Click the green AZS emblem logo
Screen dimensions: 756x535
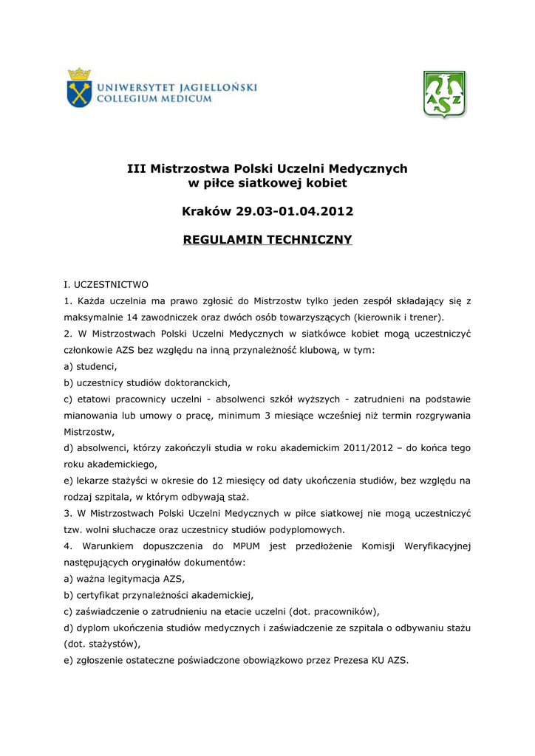[444, 94]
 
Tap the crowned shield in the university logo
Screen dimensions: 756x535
[78, 88]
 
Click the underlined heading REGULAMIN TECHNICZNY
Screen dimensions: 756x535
[267, 240]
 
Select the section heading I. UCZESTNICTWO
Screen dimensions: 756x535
[106, 283]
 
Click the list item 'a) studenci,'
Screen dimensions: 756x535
[91, 366]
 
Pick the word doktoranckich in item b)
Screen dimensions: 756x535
[200, 382]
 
